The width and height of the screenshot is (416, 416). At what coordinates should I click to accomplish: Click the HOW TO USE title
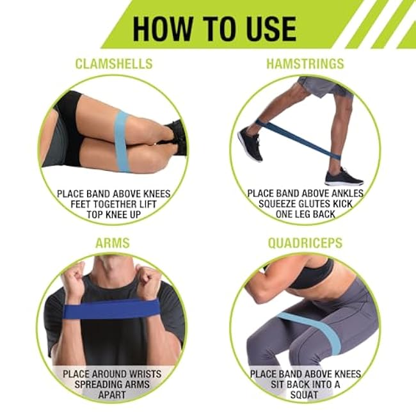tap(214, 28)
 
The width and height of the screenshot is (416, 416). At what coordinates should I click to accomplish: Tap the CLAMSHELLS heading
tap(113, 64)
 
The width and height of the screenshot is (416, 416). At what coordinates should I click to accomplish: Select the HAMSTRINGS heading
tap(305, 64)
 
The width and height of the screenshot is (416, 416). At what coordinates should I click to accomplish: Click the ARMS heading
tap(112, 243)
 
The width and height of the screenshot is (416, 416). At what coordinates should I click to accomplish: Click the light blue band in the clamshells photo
tap(122, 141)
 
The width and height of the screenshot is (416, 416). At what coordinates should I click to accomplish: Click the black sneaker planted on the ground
tap(344, 177)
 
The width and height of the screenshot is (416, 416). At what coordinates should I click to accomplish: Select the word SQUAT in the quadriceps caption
tap(305, 396)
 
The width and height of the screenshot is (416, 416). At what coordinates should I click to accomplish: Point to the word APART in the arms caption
tap(113, 396)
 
